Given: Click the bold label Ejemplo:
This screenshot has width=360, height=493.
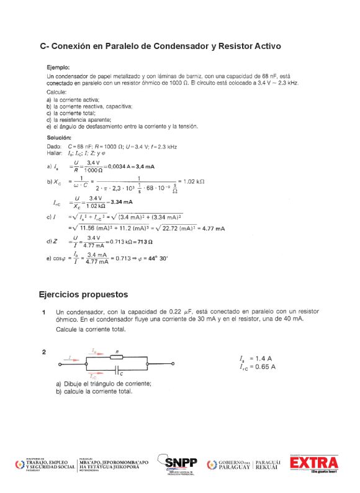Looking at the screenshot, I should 59,67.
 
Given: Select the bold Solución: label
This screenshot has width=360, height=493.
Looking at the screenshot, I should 60,137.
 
